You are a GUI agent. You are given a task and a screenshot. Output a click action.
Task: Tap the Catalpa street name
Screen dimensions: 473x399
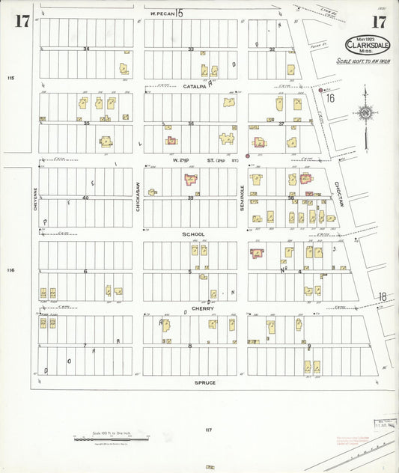194,87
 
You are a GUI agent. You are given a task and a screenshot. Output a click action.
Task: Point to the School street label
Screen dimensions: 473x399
194,234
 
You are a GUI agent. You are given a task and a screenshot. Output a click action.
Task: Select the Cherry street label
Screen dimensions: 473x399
203,308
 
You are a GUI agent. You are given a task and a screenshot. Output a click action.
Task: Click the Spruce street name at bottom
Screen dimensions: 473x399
205,382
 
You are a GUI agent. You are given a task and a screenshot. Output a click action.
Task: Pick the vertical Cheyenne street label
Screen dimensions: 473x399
34,198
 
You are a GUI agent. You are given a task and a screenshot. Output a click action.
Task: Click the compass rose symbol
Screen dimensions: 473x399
365,113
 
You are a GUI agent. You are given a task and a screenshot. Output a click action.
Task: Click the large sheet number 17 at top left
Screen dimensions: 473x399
22,21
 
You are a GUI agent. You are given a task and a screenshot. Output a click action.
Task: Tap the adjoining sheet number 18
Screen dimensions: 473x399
383,298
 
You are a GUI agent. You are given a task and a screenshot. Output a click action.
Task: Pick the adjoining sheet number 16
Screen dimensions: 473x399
330,97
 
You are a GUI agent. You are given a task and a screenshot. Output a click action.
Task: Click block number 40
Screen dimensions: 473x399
85,198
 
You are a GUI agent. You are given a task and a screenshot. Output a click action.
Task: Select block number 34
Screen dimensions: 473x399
86,49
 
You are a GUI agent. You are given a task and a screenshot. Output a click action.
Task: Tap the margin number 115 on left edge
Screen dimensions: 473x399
10,79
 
